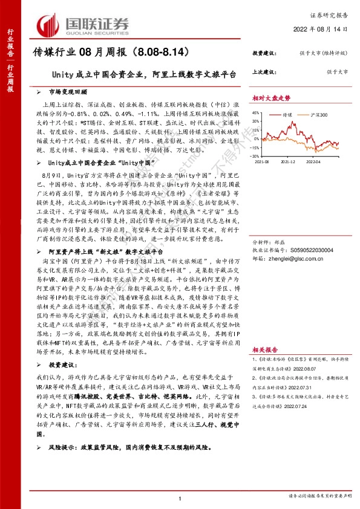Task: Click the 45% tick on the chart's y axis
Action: (257, 112)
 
